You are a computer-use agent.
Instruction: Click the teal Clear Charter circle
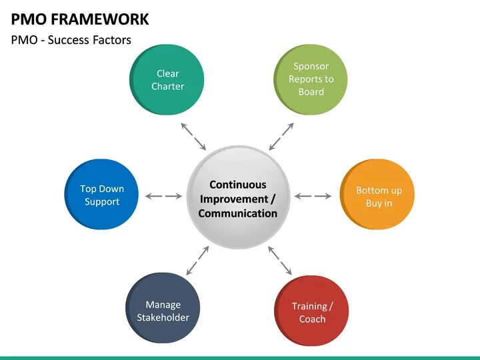pos(167,79)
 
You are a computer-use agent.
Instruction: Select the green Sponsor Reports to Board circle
pos(311,79)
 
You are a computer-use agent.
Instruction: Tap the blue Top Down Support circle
pos(101,195)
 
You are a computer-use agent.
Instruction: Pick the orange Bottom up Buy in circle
pos(378,195)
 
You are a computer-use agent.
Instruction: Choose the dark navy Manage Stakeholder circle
pos(163,311)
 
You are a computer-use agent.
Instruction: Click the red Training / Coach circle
pos(311,311)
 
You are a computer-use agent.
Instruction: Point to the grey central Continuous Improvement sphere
pos(238,198)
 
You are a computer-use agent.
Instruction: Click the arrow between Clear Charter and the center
pos(194,136)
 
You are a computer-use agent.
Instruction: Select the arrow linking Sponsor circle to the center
pos(281,136)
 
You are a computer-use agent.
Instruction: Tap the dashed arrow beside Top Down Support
pos(163,196)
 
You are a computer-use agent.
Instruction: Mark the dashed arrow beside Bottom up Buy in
pos(313,196)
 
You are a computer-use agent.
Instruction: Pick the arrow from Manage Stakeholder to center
pos(197,259)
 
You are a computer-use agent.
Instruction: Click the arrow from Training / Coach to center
pos(280,259)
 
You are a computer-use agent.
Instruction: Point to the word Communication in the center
pos(238,214)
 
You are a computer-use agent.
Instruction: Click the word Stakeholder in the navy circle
pos(163,317)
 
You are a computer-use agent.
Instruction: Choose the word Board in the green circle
pos(311,92)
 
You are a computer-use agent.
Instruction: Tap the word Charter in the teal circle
pos(167,86)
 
